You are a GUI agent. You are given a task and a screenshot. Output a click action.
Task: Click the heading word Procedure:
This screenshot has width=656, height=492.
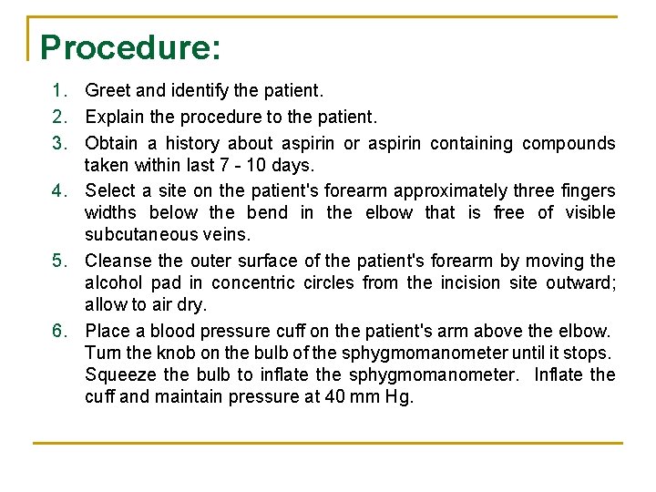[130, 47]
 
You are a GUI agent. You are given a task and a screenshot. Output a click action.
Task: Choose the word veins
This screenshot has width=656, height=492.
[225, 235]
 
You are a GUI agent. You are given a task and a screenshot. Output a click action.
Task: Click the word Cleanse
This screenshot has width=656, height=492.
[117, 261]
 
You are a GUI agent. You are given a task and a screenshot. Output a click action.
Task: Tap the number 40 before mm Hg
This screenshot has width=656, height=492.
[336, 397]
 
